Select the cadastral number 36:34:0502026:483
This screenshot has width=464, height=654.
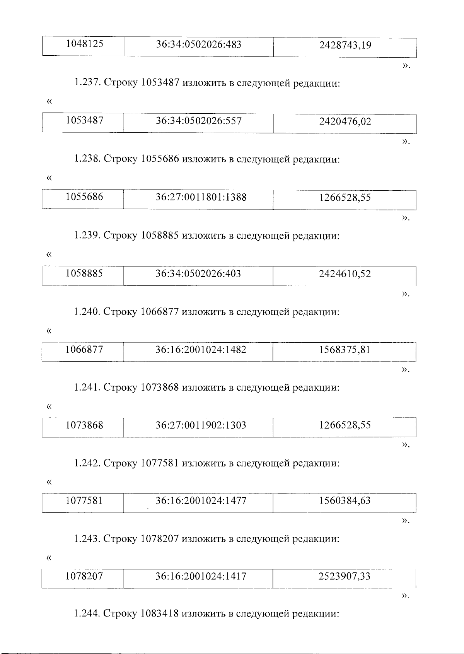[x=199, y=44]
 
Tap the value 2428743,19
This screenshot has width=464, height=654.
[x=345, y=45]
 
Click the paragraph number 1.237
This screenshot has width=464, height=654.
[x=87, y=83]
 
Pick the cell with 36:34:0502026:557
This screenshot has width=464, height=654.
[x=199, y=121]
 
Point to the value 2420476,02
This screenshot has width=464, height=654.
[x=345, y=122]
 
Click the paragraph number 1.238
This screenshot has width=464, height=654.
[x=87, y=159]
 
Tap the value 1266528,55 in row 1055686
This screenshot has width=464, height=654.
[x=345, y=198]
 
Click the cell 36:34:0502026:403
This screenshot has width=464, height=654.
[x=198, y=274]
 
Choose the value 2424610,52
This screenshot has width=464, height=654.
[x=345, y=274]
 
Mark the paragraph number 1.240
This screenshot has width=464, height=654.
[x=87, y=312]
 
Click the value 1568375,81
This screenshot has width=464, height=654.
[x=345, y=350]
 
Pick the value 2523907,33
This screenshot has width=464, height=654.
[x=345, y=577]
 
